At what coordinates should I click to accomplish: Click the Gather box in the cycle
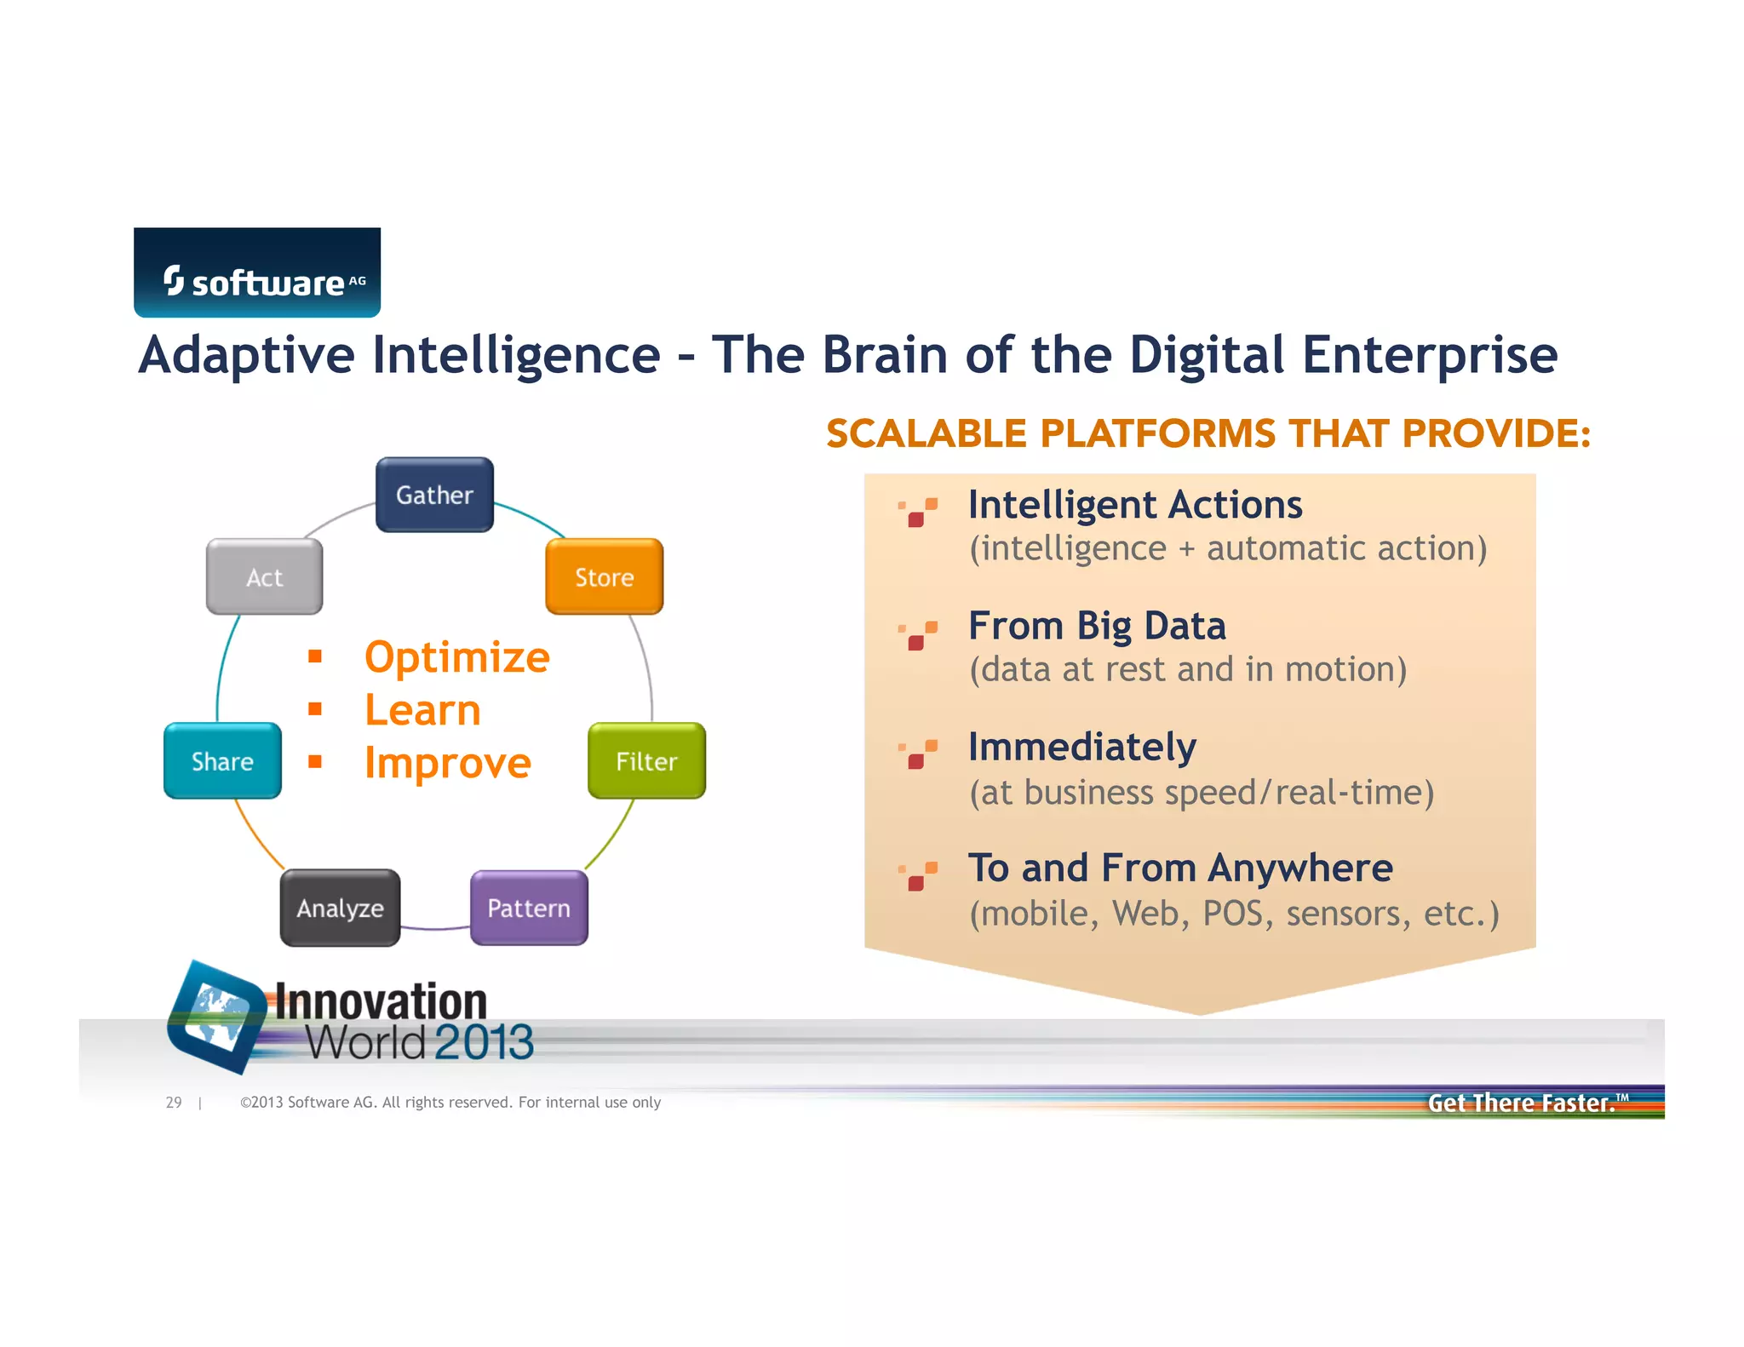(434, 495)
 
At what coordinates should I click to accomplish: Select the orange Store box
(604, 576)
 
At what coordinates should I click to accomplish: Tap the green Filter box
(646, 760)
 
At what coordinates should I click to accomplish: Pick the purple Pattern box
(529, 908)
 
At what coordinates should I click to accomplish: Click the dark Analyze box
(340, 908)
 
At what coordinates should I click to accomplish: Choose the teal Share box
(222, 760)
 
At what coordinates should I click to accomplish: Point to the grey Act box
(264, 576)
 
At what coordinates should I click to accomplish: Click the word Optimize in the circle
(456, 657)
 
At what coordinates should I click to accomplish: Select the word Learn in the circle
(422, 710)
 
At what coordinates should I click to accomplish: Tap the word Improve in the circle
(447, 763)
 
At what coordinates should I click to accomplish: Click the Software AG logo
(257, 272)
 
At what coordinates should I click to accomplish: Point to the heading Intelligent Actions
(1134, 505)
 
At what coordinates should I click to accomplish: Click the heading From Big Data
(1097, 626)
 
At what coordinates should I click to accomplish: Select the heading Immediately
(1081, 748)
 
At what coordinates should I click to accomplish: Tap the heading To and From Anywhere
(1179, 868)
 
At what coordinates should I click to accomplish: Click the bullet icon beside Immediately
(918, 754)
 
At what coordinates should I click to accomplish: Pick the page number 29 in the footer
(174, 1102)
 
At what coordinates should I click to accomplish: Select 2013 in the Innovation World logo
(484, 1042)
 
